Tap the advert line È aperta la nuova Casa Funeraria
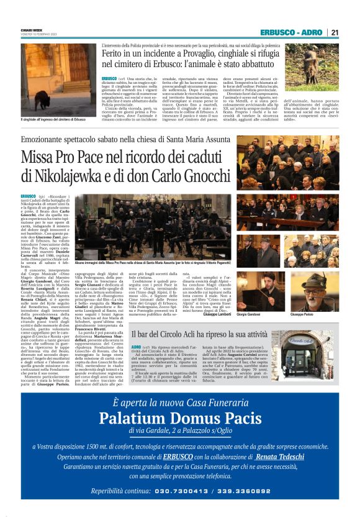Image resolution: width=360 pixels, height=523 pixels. tap(180, 403)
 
